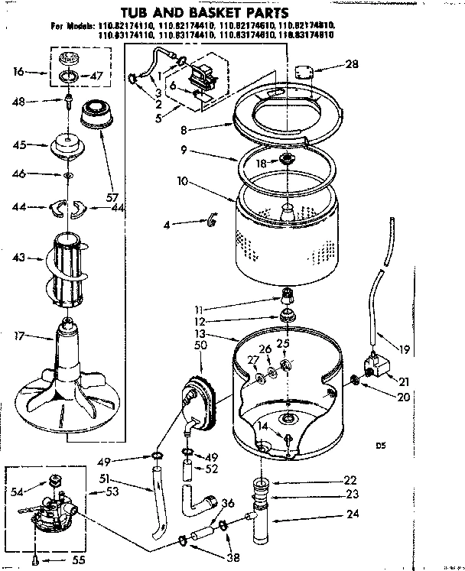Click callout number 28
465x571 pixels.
pos(351,65)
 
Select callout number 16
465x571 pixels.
pos(19,73)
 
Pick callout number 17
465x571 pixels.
pos(19,335)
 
